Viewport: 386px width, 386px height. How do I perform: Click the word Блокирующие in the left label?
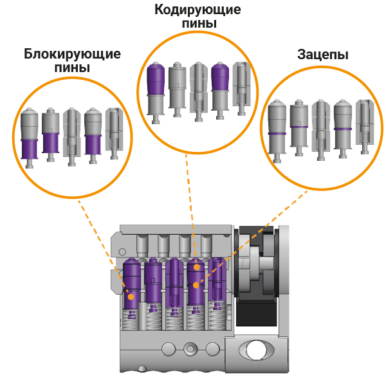pos(72,53)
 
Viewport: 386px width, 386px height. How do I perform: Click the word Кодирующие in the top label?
pos(198,10)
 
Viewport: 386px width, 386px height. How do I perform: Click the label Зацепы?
pos(323,54)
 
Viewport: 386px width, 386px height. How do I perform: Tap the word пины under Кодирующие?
pos(198,24)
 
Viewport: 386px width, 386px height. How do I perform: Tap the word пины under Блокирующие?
pos(72,68)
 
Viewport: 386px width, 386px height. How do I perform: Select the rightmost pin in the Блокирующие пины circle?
pos(114,134)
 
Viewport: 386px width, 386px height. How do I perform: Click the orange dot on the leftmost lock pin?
pos(131,297)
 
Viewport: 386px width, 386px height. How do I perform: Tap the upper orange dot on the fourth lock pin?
pos(196,266)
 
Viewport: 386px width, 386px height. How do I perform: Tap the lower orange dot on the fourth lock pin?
pos(197,284)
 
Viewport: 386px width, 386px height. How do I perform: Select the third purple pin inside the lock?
pos(174,283)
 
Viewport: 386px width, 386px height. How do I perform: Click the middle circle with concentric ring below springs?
pos(189,349)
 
